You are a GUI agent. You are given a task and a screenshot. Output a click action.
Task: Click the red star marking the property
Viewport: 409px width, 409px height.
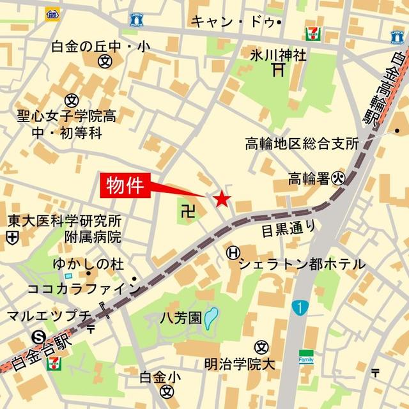(x=222, y=199)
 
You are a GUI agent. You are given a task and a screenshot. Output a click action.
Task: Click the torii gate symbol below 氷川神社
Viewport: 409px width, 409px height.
(x=277, y=69)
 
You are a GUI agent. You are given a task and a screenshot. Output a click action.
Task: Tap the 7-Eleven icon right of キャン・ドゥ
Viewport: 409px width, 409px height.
(x=313, y=33)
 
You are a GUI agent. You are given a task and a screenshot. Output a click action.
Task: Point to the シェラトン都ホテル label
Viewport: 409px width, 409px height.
(x=302, y=263)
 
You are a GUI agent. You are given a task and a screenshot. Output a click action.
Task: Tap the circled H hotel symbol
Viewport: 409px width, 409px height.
(x=233, y=253)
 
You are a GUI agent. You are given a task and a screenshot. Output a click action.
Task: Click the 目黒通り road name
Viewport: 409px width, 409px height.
(x=288, y=227)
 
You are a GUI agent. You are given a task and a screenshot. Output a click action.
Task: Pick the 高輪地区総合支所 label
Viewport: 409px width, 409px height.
(x=302, y=144)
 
